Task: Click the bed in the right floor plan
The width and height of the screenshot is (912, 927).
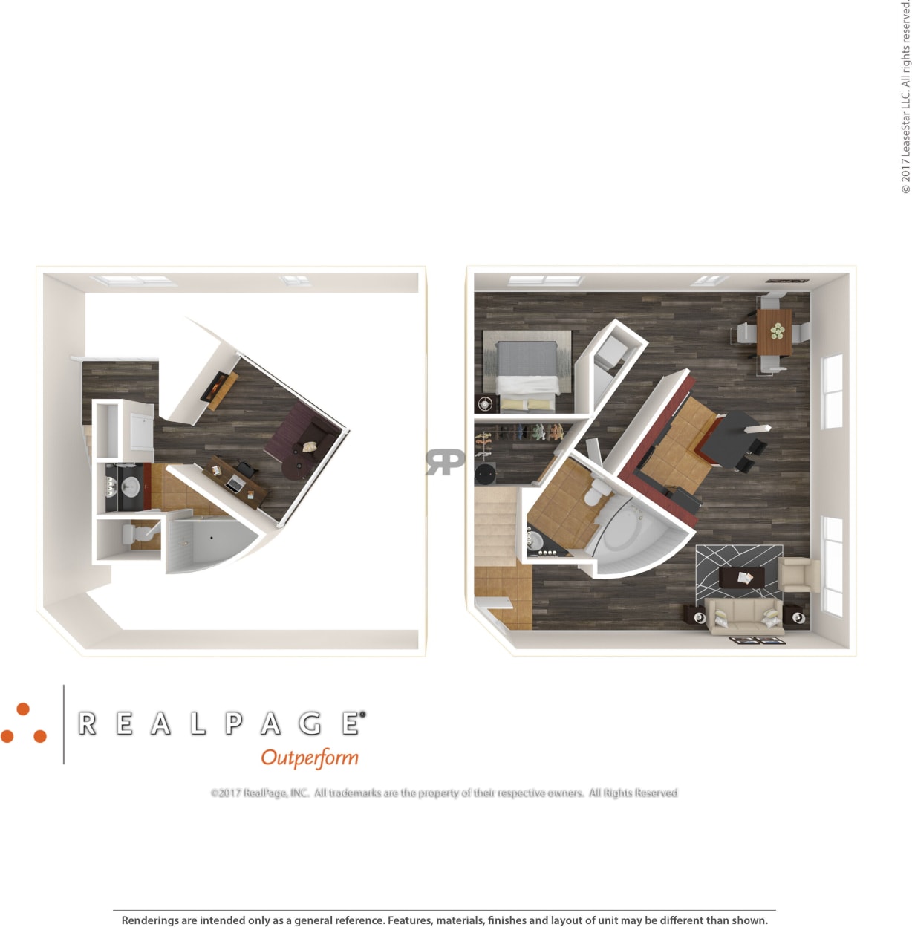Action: tap(527, 371)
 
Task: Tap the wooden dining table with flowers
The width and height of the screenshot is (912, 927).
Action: tap(775, 332)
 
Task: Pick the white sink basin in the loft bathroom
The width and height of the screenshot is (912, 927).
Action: tap(131, 488)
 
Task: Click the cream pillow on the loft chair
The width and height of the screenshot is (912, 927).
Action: tap(309, 446)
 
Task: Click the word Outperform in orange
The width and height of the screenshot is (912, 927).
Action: tap(310, 758)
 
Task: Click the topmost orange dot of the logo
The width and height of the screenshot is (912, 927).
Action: tap(23, 709)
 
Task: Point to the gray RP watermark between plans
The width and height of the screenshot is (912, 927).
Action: tap(446, 461)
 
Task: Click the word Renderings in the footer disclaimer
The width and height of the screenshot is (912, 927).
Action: tap(150, 920)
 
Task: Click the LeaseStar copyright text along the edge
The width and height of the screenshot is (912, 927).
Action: tap(905, 97)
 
